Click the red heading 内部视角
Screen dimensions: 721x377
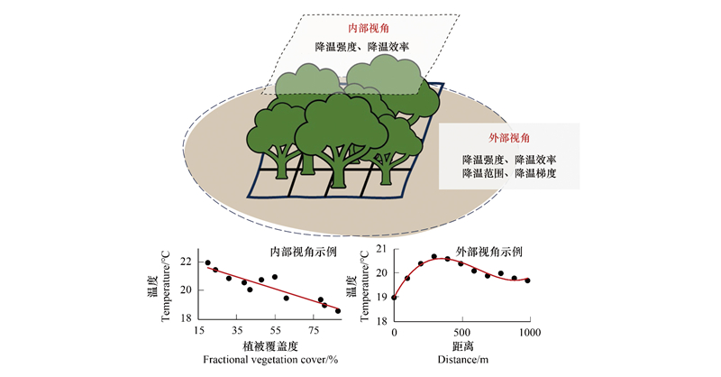369,29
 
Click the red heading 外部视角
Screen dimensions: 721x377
509,138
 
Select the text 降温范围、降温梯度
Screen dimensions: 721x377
509,173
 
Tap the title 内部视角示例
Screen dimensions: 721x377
303,253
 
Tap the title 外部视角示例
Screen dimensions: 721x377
488,252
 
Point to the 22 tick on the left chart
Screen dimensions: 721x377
186,262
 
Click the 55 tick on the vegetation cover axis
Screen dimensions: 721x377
275,330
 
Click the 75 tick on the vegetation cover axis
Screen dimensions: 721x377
314,330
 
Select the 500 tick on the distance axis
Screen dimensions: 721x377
461,333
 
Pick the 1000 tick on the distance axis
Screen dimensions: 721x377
530,333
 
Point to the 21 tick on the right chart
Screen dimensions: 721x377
382,250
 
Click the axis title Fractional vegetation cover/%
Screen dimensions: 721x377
271,360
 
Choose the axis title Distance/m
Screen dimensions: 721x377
462,360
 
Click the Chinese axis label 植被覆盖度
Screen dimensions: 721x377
270,346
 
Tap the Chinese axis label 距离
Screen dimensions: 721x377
462,346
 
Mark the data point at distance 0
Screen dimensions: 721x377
394,298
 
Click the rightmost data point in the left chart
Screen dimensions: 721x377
338,311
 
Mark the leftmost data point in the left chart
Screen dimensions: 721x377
207,262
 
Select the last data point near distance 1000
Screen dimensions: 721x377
527,280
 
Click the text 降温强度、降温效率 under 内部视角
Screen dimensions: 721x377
362,47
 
